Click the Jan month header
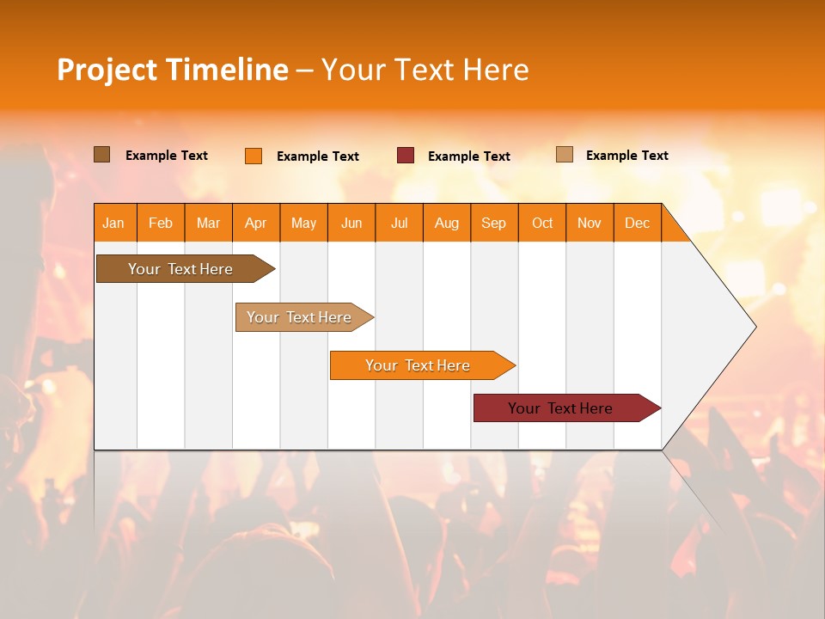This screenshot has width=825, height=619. pos(114,223)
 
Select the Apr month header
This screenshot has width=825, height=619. pos(256,223)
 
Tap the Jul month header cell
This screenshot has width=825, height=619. pos(399,223)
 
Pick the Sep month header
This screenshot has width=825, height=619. pos(494,223)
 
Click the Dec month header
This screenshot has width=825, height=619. pos(637,223)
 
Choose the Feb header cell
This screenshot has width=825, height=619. pos(161,223)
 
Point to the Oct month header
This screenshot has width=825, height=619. pos(542,223)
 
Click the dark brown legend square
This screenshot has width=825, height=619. pos(102,155)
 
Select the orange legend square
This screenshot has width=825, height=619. pos(254,156)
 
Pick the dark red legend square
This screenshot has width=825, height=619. pos(406,156)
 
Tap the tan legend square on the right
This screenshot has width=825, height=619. pos(565,155)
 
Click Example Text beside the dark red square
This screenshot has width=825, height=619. pos(469,156)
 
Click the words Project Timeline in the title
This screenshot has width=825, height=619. pos(172,70)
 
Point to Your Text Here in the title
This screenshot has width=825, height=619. pos(425,70)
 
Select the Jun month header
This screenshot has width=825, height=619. pos(351,223)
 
